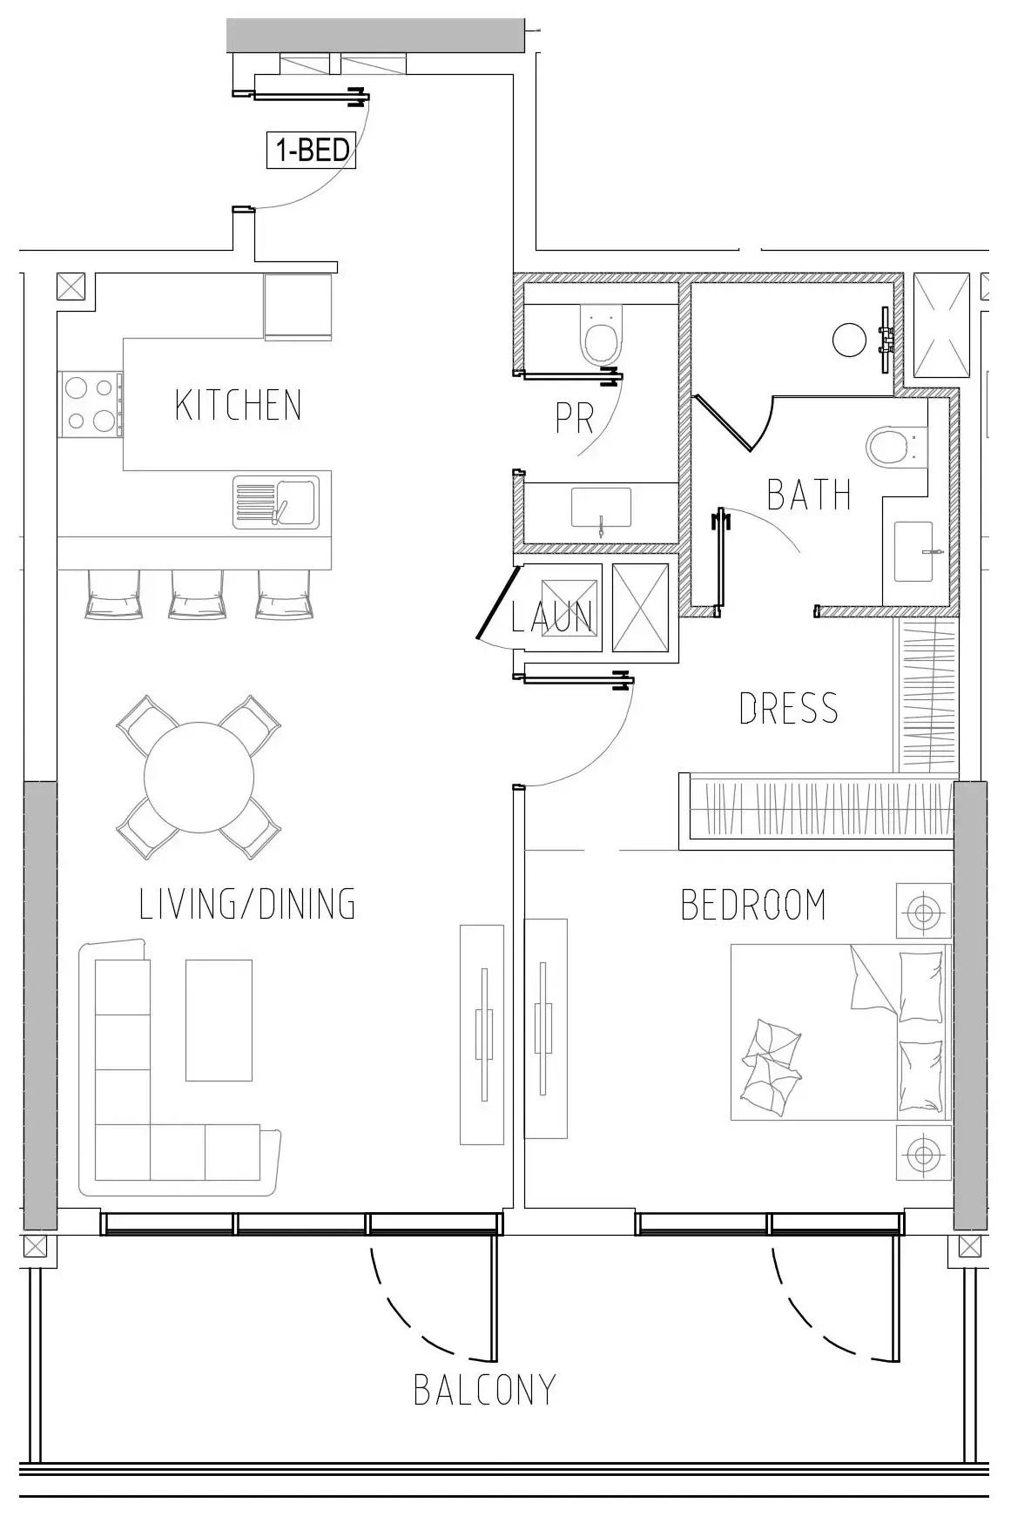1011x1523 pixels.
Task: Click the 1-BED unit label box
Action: tap(312, 150)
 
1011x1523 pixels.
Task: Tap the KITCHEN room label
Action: tap(238, 406)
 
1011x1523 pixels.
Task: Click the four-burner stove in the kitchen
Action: tap(90, 404)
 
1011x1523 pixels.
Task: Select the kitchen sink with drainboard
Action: tap(276, 502)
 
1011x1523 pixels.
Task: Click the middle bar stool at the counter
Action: tap(197, 596)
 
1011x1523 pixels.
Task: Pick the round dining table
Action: tap(199, 778)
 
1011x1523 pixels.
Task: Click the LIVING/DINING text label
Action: tap(247, 905)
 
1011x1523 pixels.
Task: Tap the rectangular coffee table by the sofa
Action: tap(219, 1020)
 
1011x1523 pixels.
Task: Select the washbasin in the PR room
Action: tap(601, 508)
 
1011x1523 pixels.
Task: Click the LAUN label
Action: tap(552, 617)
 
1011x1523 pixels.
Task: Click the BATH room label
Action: tap(808, 495)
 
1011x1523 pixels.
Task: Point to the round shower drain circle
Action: tap(849, 340)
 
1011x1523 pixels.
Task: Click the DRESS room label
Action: tap(788, 709)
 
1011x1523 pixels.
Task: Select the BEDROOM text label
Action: tap(753, 905)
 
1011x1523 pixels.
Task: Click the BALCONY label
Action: tap(484, 1390)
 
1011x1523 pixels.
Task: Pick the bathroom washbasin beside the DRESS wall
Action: tap(914, 552)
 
